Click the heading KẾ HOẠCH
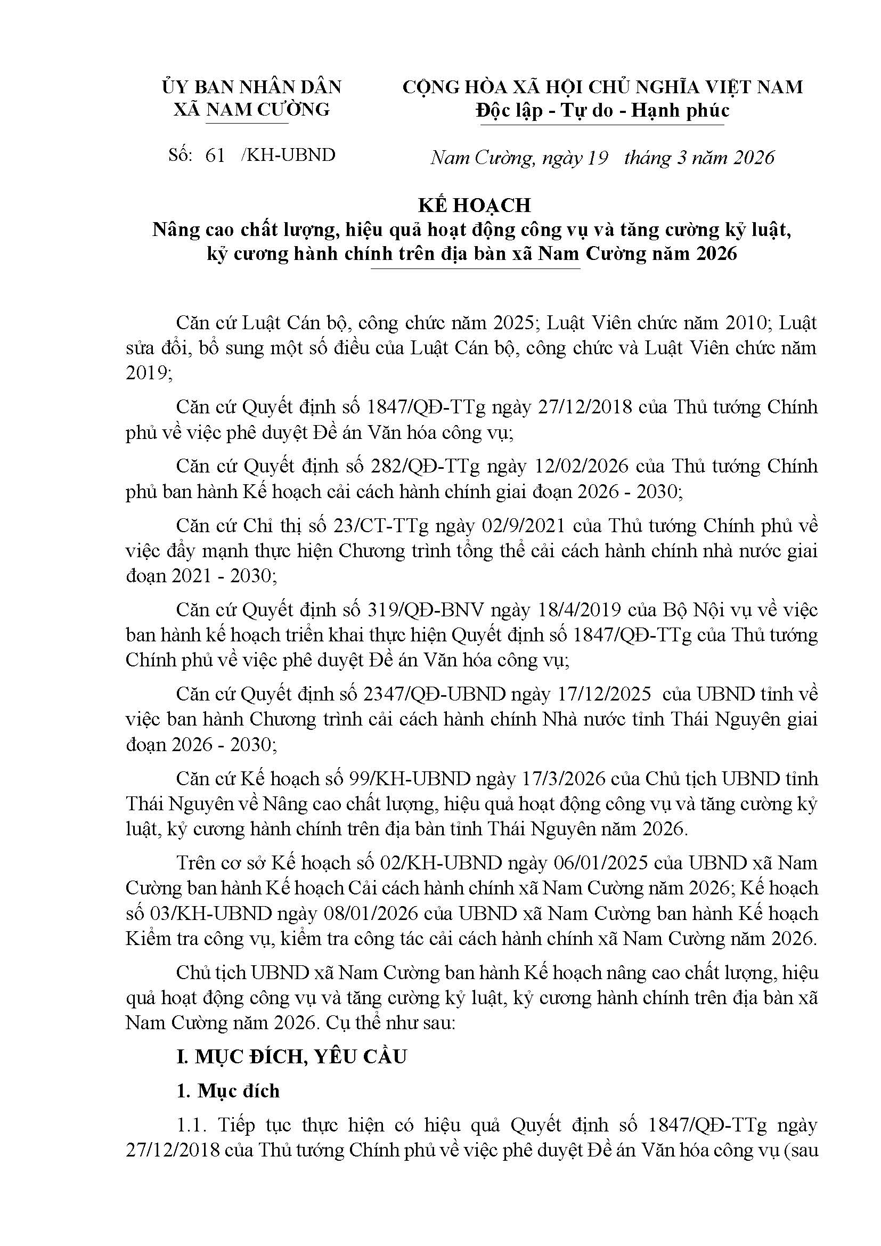[474, 205]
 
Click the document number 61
[215, 155]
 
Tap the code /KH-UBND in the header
[289, 155]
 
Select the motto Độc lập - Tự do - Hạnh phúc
[602, 110]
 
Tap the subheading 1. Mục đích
[228, 1091]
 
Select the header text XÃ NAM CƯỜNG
[251, 110]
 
